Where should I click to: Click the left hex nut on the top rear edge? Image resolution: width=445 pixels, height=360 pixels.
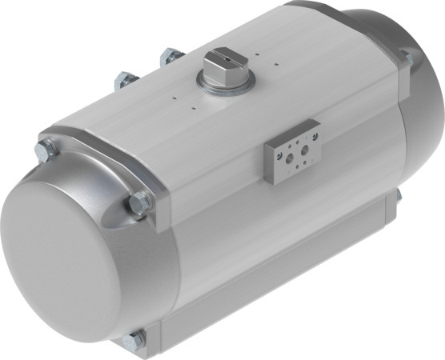[x=125, y=80]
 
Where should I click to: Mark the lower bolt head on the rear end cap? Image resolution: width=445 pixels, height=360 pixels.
[x=398, y=195]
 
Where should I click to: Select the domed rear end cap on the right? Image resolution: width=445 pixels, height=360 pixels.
[x=400, y=120]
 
